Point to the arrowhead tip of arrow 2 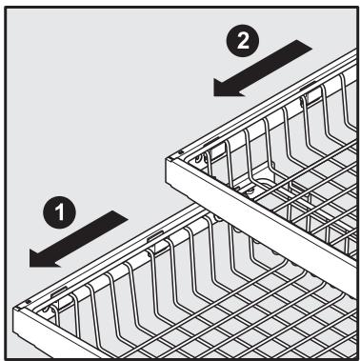[212, 92]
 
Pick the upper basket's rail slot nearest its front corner [198, 144]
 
